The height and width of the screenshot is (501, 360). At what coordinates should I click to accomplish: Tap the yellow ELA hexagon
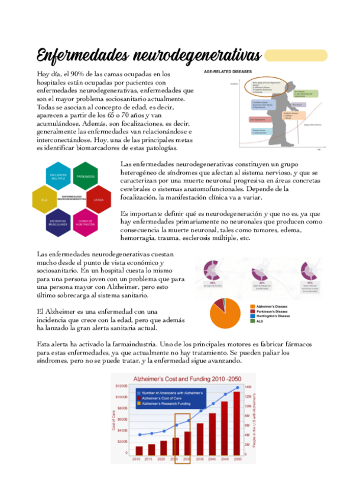coord(45,200)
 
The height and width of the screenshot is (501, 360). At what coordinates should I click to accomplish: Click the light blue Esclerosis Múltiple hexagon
coord(58,177)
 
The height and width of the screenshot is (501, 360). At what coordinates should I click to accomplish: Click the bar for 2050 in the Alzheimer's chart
coord(237,422)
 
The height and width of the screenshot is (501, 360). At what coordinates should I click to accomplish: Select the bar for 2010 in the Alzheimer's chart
coord(138,451)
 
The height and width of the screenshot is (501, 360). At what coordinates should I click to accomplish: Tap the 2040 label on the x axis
coord(212,459)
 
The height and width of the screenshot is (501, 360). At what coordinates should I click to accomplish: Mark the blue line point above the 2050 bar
coord(238,388)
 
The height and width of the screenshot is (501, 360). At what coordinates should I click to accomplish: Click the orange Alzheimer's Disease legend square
coord(251,306)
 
